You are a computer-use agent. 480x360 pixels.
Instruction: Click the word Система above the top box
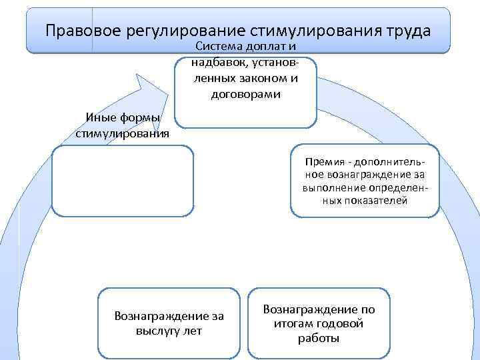pos(219,46)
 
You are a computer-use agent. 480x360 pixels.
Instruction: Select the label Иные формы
pos(123,118)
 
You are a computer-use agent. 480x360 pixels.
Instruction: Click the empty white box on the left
pos(124,181)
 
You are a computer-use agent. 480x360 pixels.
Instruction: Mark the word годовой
pos(339,324)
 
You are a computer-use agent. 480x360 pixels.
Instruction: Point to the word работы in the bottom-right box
pos(319,339)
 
